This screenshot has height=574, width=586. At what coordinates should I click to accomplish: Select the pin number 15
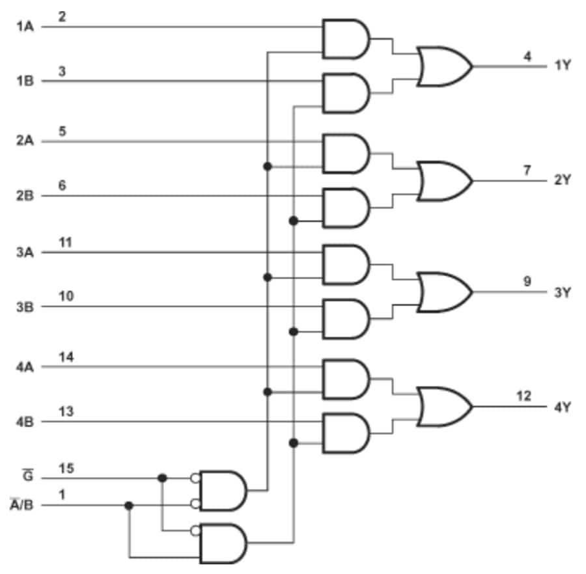[66, 468]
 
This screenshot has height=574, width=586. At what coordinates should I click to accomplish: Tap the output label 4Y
[562, 408]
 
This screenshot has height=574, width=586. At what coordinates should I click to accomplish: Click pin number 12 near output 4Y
[523, 396]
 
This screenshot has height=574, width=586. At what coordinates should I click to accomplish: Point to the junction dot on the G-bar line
[162, 478]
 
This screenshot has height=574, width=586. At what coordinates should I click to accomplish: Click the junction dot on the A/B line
[129, 506]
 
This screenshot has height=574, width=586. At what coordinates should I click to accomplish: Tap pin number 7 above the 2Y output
[526, 170]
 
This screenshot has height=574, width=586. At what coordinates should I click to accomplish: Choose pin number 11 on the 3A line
[65, 242]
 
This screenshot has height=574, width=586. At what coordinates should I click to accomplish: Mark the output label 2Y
[562, 180]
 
